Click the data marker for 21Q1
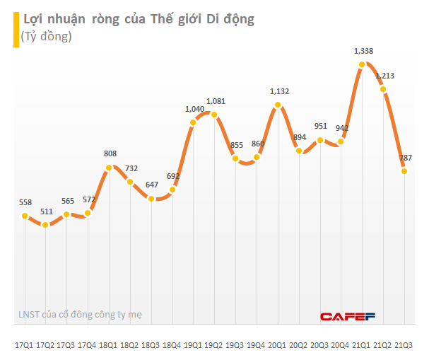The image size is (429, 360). pyautogui.click(x=362, y=64)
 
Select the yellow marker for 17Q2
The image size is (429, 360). pyautogui.click(x=46, y=225)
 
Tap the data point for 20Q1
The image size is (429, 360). pyautogui.click(x=278, y=105)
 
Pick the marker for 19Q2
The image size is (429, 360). pyautogui.click(x=214, y=115)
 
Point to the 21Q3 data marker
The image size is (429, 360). pyautogui.click(x=404, y=170)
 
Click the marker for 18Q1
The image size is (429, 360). pyautogui.click(x=109, y=168)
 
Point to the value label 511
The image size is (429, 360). pyautogui.click(x=47, y=211)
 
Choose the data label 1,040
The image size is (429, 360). pyautogui.click(x=195, y=109)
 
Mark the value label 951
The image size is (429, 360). pyautogui.click(x=320, y=127)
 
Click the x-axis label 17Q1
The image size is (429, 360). pyautogui.click(x=25, y=344)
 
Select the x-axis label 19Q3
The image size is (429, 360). pyautogui.click(x=235, y=344)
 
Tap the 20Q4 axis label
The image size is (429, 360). pyautogui.click(x=341, y=344)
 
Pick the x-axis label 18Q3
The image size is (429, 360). pyautogui.click(x=151, y=344)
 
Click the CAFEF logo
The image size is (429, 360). pyautogui.click(x=347, y=316)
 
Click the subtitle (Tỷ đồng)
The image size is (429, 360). pyautogui.click(x=47, y=36)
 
